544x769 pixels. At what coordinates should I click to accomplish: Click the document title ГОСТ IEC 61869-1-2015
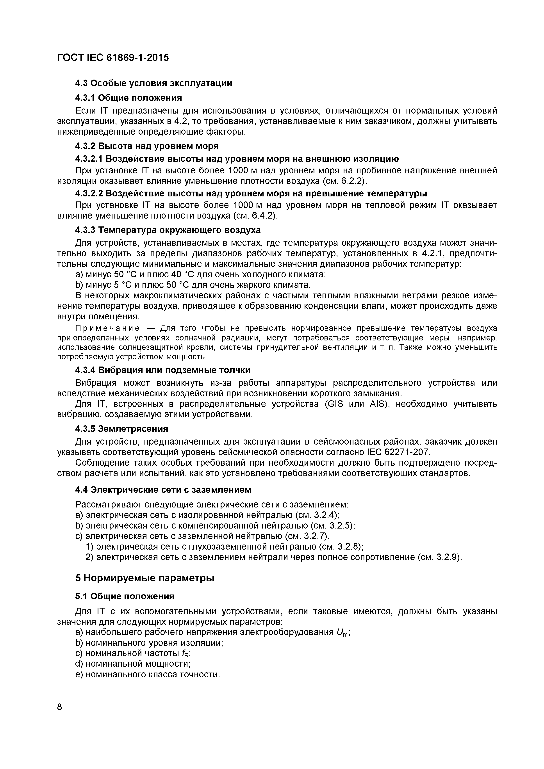pyautogui.click(x=113, y=58)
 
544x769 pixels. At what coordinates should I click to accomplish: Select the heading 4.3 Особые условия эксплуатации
pyautogui.click(x=153, y=83)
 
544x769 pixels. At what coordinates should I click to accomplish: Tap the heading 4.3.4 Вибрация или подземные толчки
pyautogui.click(x=163, y=370)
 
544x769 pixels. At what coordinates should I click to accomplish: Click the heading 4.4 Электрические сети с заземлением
pyautogui.click(x=163, y=490)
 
